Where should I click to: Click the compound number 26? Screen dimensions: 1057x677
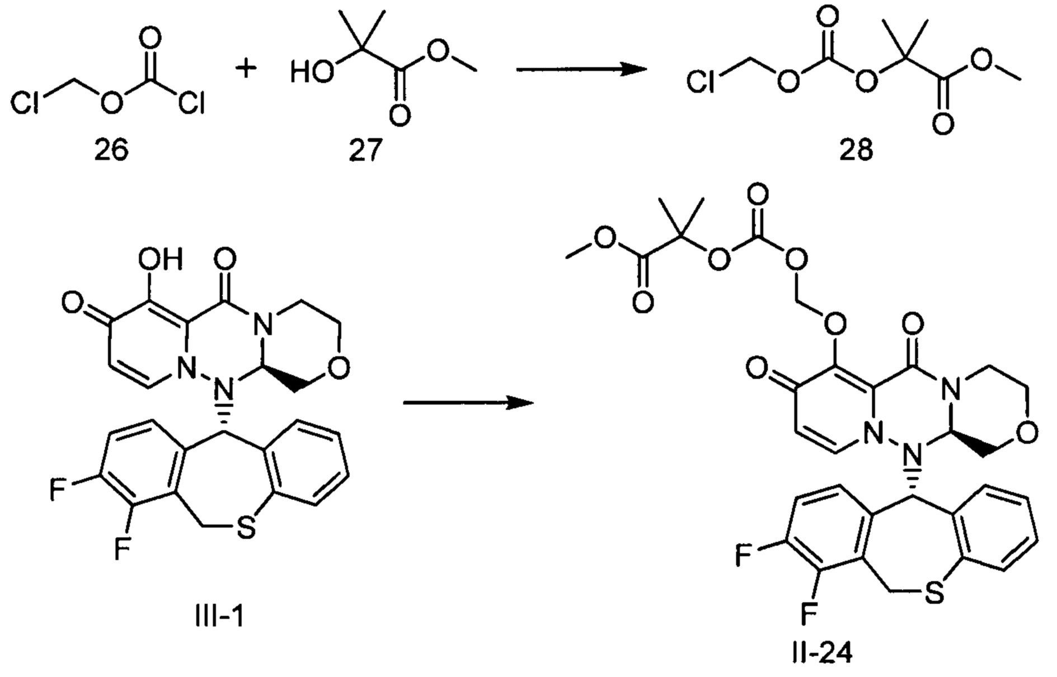(x=111, y=150)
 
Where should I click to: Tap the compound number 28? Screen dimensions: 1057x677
(x=856, y=150)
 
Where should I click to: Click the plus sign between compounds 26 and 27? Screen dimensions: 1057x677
(x=245, y=69)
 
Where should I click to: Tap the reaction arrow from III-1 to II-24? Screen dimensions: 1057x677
(x=468, y=402)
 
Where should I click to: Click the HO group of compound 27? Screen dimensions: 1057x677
(x=312, y=73)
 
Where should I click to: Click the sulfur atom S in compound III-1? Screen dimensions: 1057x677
(x=245, y=528)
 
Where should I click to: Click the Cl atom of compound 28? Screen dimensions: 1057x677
(x=701, y=83)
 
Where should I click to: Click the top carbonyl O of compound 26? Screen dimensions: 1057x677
(x=150, y=38)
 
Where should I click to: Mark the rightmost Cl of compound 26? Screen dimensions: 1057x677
(x=191, y=104)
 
